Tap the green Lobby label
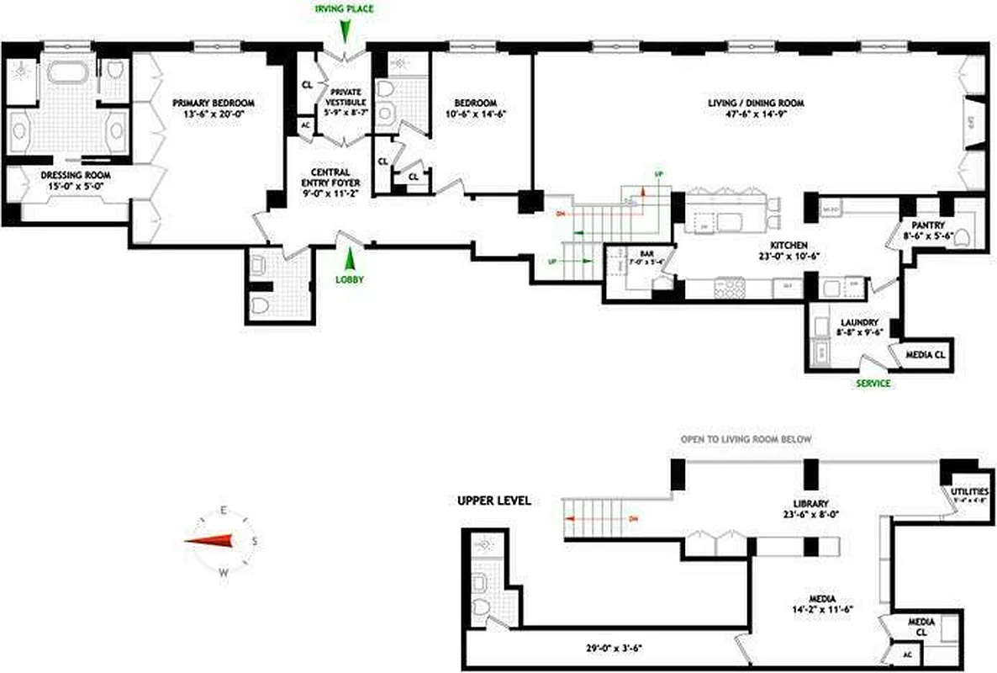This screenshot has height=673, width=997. (x=350, y=279)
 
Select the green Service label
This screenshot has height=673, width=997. (x=873, y=384)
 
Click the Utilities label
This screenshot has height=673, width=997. (x=968, y=492)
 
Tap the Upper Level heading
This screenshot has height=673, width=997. (x=493, y=500)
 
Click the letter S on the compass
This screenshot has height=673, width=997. (x=254, y=541)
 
